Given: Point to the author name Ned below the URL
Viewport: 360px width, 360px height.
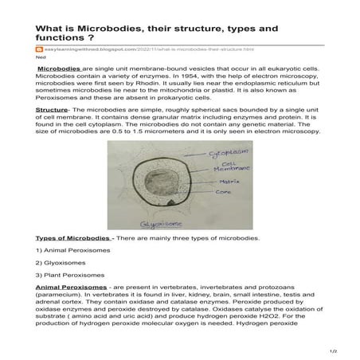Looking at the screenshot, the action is [39, 58].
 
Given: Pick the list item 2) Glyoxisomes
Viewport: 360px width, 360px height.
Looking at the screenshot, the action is [61, 261].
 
